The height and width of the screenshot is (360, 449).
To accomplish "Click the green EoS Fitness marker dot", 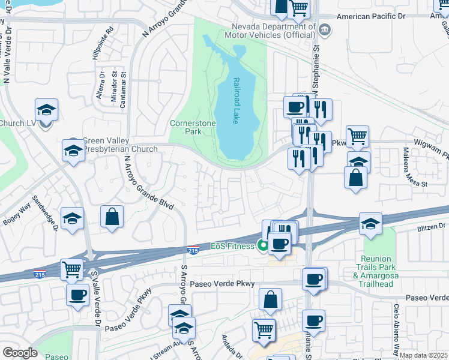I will [262, 244].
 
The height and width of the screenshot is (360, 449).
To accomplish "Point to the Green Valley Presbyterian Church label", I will [119, 145].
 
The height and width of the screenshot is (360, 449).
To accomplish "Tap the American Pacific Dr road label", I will [373, 17].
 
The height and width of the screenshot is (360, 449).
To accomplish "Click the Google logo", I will [19, 353].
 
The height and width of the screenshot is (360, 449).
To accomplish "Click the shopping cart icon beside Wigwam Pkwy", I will [357, 137].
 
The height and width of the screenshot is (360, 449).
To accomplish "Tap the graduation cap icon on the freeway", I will [371, 224].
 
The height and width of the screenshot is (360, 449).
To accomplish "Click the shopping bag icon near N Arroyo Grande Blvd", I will [112, 217].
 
